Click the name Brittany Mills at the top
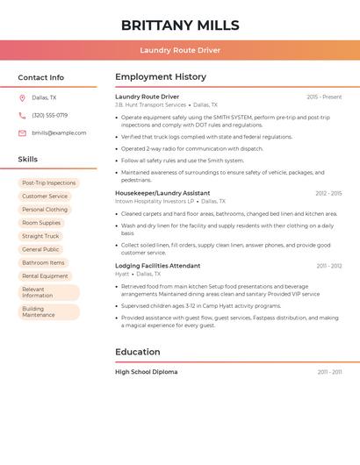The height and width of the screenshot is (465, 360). click(180, 25)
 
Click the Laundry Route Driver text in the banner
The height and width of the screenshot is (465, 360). click(180, 50)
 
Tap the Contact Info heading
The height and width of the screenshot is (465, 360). click(41, 77)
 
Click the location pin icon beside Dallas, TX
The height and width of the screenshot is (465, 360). click(22, 97)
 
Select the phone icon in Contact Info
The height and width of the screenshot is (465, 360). click(22, 115)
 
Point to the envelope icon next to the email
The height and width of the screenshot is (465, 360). click(22, 132)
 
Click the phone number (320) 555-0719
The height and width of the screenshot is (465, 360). click(49, 115)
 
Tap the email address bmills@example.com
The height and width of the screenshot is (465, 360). click(59, 132)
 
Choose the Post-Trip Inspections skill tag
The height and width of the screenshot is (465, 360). click(48, 183)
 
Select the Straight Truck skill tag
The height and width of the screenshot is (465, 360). click(40, 236)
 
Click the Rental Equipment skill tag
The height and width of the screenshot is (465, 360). click(45, 275)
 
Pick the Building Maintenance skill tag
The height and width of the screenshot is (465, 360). click(39, 311)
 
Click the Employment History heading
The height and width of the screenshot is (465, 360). click(161, 77)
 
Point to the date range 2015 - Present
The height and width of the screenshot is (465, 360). click(324, 97)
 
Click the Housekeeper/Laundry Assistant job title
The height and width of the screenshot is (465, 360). click(162, 193)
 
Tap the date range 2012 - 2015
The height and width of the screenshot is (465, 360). click(328, 193)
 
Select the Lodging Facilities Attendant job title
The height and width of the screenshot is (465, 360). click(157, 266)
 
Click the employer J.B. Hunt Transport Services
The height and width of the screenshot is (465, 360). click(150, 104)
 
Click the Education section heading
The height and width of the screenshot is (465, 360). click(138, 352)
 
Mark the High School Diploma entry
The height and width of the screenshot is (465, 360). click(147, 372)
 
